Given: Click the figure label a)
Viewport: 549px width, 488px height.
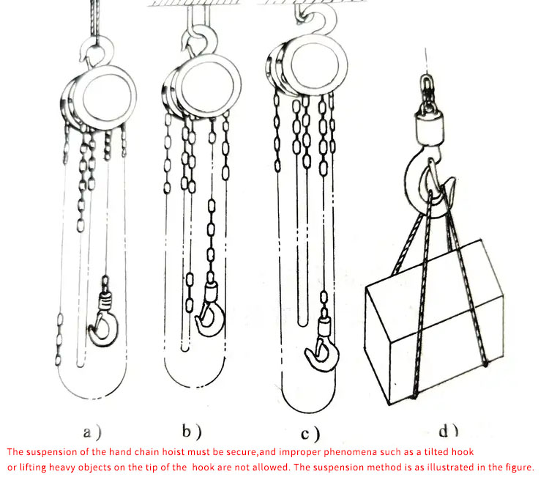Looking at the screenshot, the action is click(x=91, y=432).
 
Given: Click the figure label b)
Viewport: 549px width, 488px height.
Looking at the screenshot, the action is click(x=192, y=432).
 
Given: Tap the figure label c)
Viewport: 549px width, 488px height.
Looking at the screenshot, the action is click(x=310, y=434).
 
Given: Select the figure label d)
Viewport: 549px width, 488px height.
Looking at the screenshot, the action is click(x=449, y=431).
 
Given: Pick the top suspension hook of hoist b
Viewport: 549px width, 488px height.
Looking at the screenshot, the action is click(x=212, y=39).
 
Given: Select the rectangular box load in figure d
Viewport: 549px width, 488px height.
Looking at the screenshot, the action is click(x=434, y=322).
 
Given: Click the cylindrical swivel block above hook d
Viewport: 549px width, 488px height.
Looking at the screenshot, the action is click(x=430, y=129).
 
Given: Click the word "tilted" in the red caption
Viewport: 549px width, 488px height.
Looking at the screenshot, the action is click(x=436, y=451).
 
